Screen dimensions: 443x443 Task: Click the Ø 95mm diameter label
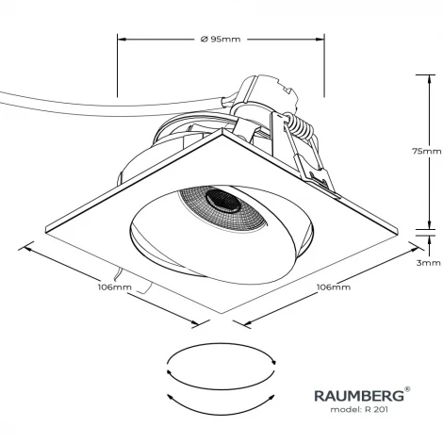pyautogui.click(x=221, y=40)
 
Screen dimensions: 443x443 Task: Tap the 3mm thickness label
pyautogui.click(x=426, y=264)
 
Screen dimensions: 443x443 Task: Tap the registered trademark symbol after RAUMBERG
pyautogui.click(x=406, y=388)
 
